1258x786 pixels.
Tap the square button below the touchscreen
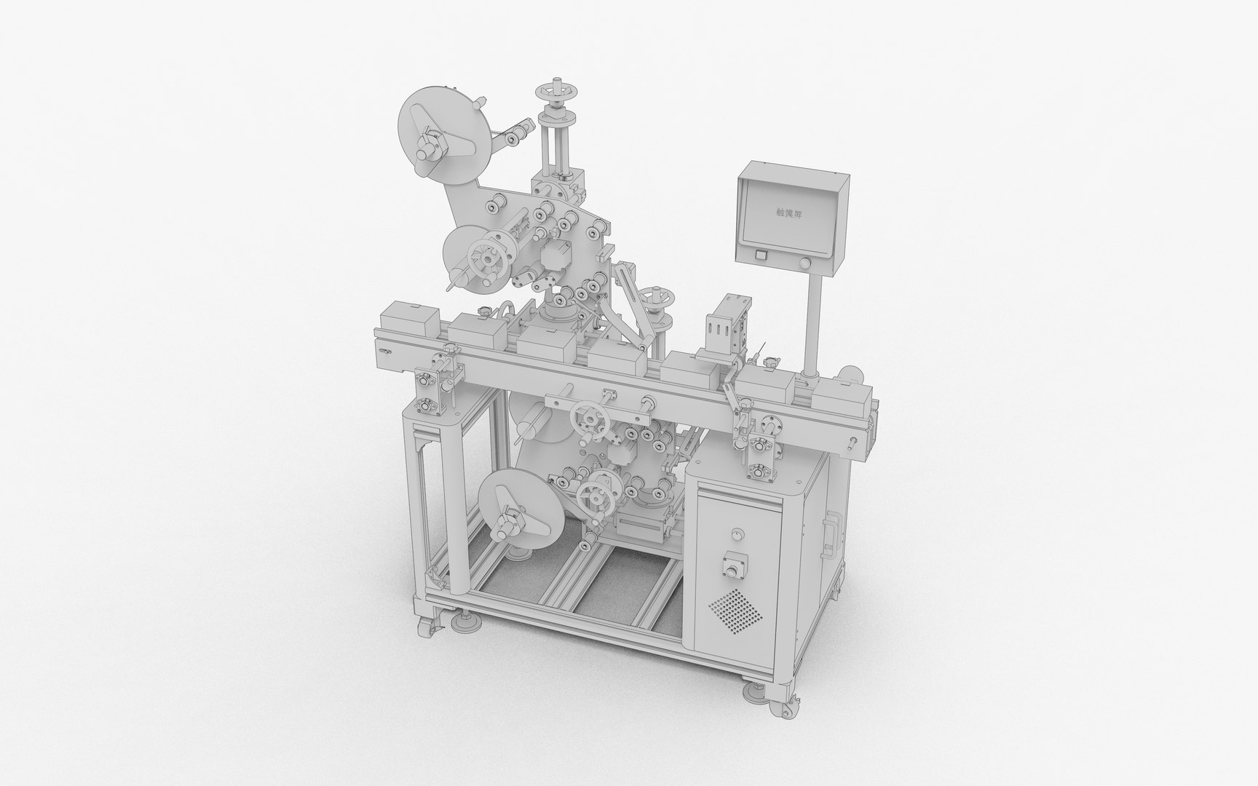point(761,255)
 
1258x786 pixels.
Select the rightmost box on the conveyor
point(840,397)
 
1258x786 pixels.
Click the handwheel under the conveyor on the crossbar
point(589,421)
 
